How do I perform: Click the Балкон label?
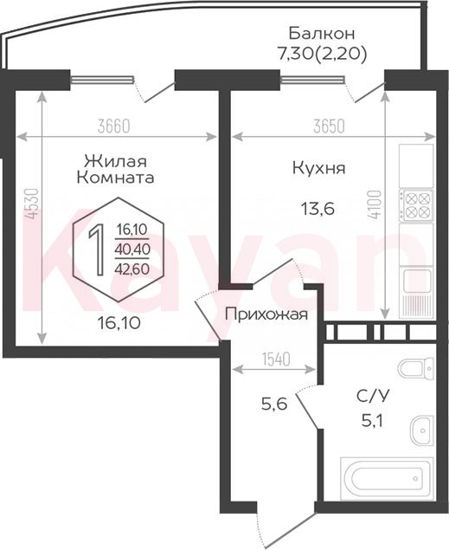[x=322, y=34]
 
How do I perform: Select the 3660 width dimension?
[x=114, y=126]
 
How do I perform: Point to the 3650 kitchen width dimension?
[x=329, y=126]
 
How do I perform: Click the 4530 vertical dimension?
[x=32, y=204]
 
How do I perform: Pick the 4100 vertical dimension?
[x=375, y=205]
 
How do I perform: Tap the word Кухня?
[x=318, y=168]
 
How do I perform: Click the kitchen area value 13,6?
[x=318, y=209]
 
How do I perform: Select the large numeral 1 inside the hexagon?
[x=96, y=249]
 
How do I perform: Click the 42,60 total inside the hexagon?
[x=132, y=269]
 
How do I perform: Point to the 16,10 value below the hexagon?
[x=119, y=322]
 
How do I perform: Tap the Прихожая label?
[x=266, y=314]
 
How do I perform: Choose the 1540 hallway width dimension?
[x=277, y=359]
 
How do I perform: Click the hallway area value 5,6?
[x=274, y=404]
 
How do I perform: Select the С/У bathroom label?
[x=373, y=397]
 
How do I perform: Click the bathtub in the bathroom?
[x=387, y=478]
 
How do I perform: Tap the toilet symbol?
[x=416, y=368]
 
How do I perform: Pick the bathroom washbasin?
[x=422, y=430]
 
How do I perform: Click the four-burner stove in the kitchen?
[x=416, y=205]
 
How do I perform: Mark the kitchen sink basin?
[x=417, y=281]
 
